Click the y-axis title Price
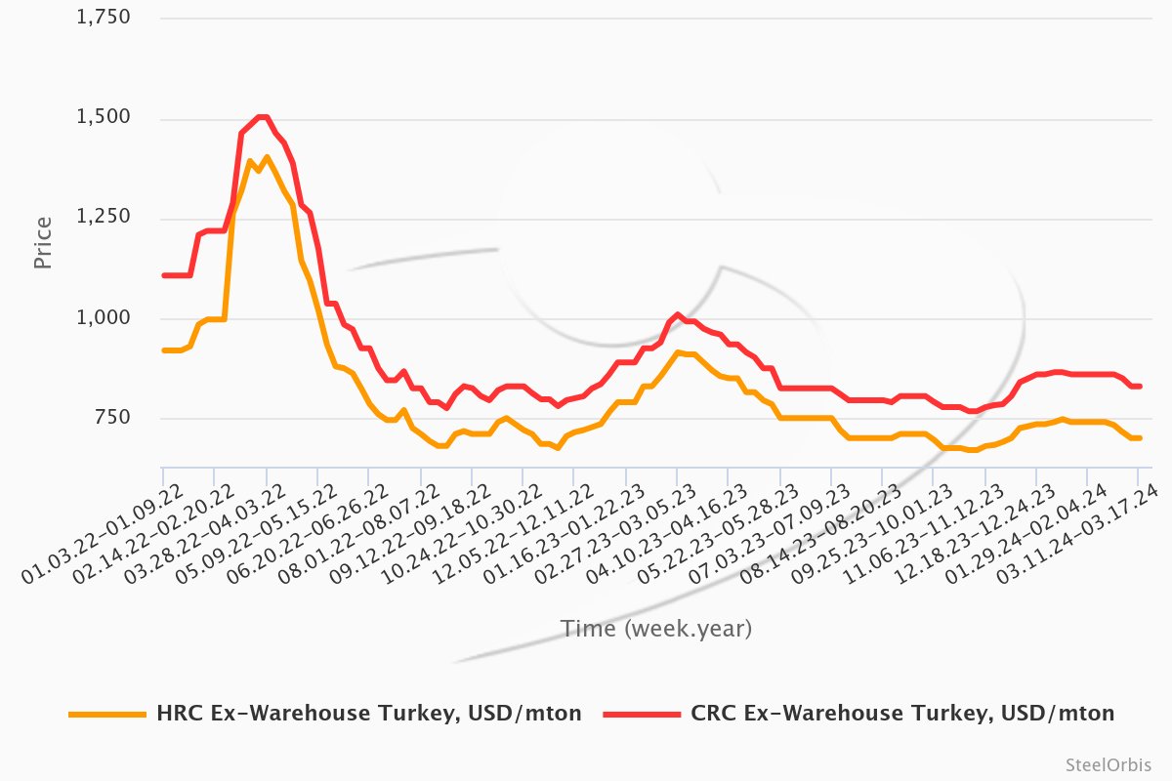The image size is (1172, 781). tap(43, 243)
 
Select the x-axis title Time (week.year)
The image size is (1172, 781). tap(655, 629)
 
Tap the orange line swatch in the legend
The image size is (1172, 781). tap(105, 715)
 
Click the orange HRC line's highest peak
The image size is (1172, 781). tap(267, 157)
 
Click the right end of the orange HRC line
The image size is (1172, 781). tap(1140, 437)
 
